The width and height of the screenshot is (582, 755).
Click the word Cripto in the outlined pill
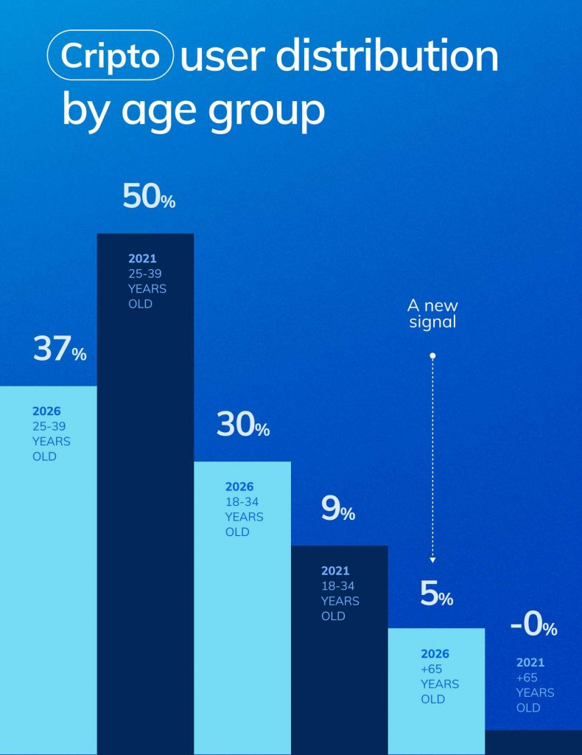pyautogui.click(x=110, y=55)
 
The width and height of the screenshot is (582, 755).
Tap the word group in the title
pyautogui.click(x=273, y=112)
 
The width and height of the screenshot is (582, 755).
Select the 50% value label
pyautogui.click(x=149, y=197)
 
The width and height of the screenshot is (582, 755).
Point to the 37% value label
pyautogui.click(x=59, y=349)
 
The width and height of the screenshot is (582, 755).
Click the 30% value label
pyautogui.click(x=242, y=425)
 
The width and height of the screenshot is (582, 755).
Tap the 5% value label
pyautogui.click(x=436, y=594)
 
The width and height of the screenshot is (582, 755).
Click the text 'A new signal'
pyautogui.click(x=432, y=313)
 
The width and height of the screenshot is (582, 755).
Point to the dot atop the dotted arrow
pyautogui.click(x=432, y=356)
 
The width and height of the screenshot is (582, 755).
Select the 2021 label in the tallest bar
pyautogui.click(x=142, y=259)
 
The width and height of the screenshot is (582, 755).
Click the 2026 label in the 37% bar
pyautogui.click(x=46, y=411)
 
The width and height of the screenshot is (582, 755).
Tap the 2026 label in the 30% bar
pyautogui.click(x=239, y=487)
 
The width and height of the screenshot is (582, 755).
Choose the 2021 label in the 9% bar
pyautogui.click(x=335, y=571)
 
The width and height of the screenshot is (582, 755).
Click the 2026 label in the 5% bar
pyautogui.click(x=435, y=653)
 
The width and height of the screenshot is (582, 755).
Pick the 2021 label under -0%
pyautogui.click(x=530, y=662)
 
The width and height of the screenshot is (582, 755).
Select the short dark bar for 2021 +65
pyautogui.click(x=533, y=742)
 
